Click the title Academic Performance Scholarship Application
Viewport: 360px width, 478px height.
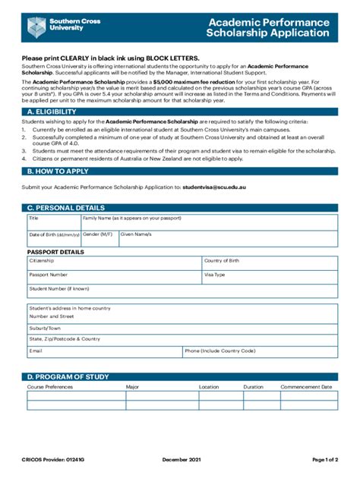click(x=269, y=27)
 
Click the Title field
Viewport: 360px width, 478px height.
click(x=53, y=222)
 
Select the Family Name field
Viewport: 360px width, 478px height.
click(x=209, y=222)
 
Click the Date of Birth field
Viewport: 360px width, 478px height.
click(x=53, y=238)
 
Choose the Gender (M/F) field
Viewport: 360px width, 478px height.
click(x=99, y=238)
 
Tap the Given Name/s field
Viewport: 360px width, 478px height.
click(x=228, y=238)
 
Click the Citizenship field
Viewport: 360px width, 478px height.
click(x=114, y=263)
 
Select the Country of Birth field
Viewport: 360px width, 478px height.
click(x=270, y=263)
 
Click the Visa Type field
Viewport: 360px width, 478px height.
click(x=270, y=278)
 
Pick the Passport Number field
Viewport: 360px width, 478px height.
click(x=114, y=278)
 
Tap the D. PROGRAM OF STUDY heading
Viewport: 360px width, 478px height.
click(x=68, y=376)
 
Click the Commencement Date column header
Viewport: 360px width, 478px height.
click(x=306, y=387)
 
